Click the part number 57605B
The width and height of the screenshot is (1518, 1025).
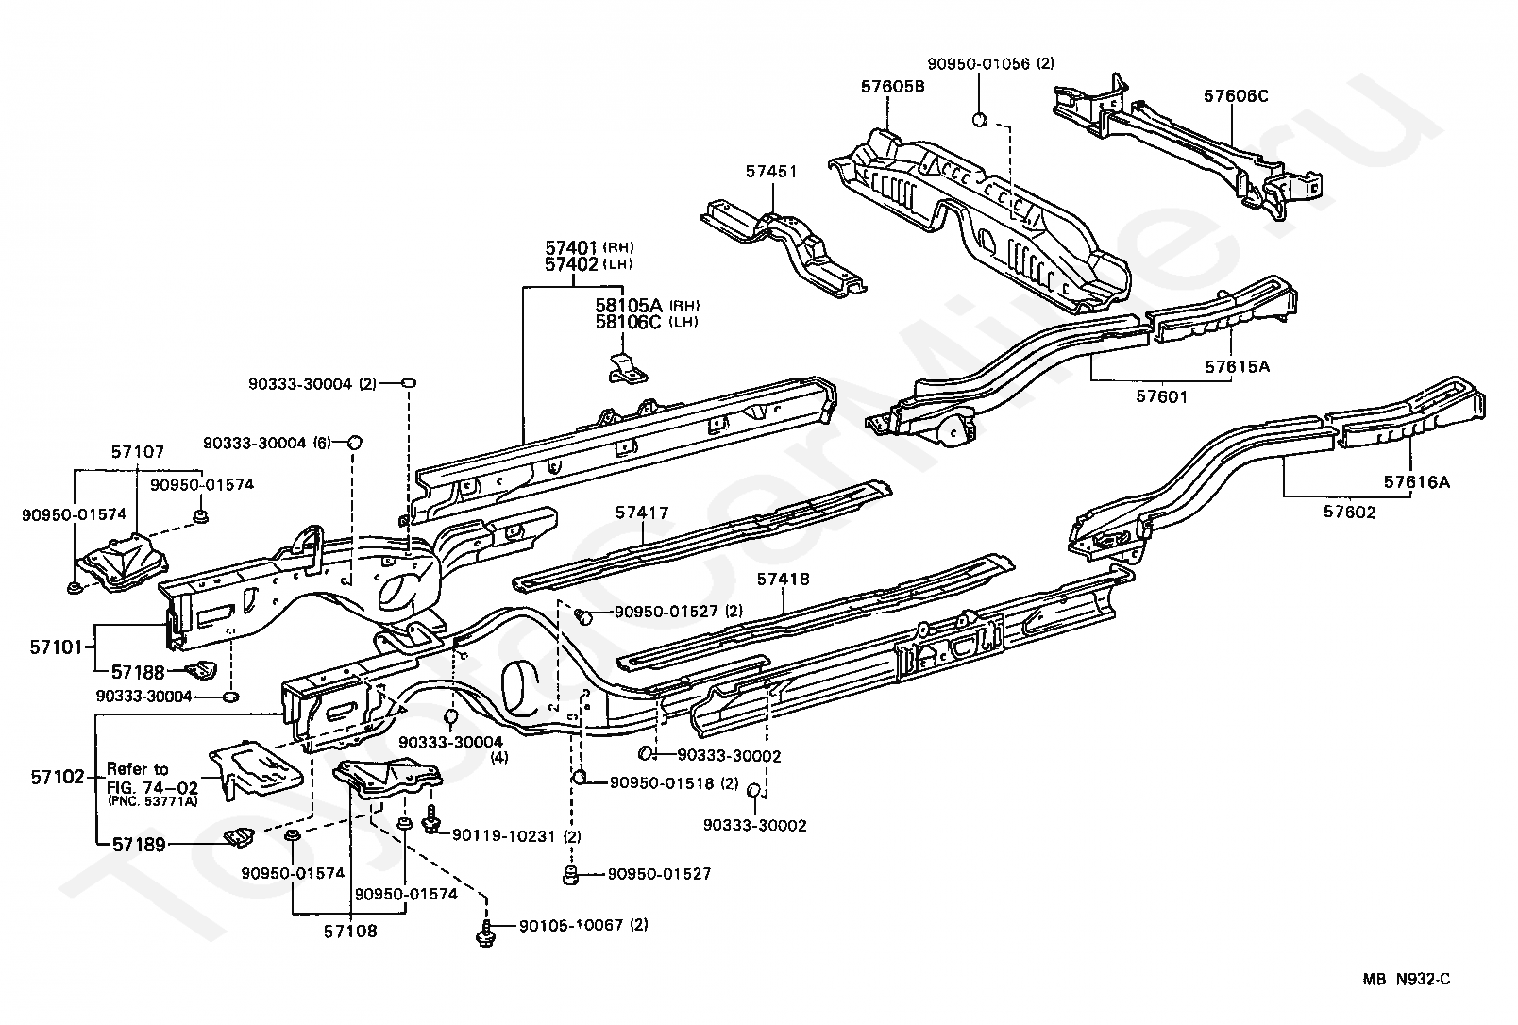click(x=892, y=87)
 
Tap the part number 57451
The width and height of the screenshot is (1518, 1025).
click(x=771, y=172)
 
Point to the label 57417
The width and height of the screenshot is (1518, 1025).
click(x=642, y=512)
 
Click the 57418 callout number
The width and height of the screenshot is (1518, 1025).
click(x=784, y=580)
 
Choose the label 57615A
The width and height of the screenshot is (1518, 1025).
click(x=1238, y=366)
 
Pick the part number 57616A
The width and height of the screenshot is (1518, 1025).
click(x=1417, y=482)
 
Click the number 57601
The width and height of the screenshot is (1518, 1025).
click(x=1162, y=396)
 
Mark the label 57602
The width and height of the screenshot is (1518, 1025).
click(x=1350, y=512)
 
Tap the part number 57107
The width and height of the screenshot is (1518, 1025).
click(x=138, y=451)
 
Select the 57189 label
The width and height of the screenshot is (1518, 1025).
click(x=139, y=844)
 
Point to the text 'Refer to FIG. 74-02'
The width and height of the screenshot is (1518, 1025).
click(x=153, y=779)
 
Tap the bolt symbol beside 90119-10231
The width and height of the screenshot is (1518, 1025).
click(x=431, y=820)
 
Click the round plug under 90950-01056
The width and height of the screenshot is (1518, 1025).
click(x=979, y=120)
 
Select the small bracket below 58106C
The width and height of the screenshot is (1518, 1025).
click(x=627, y=368)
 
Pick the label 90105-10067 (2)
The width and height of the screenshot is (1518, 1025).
click(x=583, y=925)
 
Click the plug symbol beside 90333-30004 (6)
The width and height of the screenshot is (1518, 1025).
click(x=354, y=443)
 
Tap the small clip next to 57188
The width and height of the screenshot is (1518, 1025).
click(x=202, y=670)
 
